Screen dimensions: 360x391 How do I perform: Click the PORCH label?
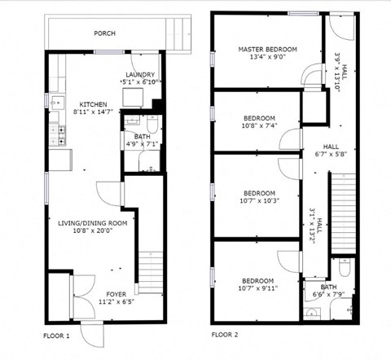(104, 33)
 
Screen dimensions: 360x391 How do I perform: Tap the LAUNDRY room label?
(143, 75)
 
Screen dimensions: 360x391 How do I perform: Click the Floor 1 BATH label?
(142, 137)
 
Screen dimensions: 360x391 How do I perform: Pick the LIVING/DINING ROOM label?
(92, 222)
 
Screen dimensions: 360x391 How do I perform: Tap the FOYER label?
(116, 293)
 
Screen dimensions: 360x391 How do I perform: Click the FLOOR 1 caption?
(56, 335)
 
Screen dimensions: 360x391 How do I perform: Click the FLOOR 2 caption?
(225, 335)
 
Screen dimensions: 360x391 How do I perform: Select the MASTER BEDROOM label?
(267, 49)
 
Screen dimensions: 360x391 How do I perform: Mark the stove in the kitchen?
(57, 132)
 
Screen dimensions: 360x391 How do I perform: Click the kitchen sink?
(55, 103)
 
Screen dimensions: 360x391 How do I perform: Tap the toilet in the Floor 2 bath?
(345, 270)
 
